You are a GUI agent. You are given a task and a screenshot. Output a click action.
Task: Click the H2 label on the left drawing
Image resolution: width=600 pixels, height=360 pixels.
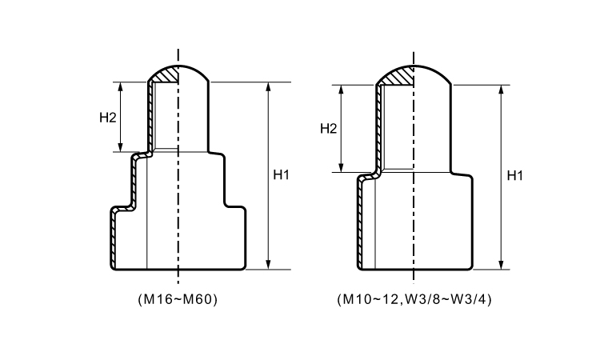click(108, 117)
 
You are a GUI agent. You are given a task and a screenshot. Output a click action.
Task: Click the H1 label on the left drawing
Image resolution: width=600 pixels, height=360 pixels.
click(281, 175)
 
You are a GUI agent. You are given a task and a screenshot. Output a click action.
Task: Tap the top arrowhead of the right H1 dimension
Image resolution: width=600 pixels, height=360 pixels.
click(501, 88)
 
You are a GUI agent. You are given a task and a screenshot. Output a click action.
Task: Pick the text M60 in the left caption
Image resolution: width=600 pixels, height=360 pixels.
click(197, 300)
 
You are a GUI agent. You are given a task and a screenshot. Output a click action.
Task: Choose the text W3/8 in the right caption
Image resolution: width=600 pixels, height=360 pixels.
click(415, 300)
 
